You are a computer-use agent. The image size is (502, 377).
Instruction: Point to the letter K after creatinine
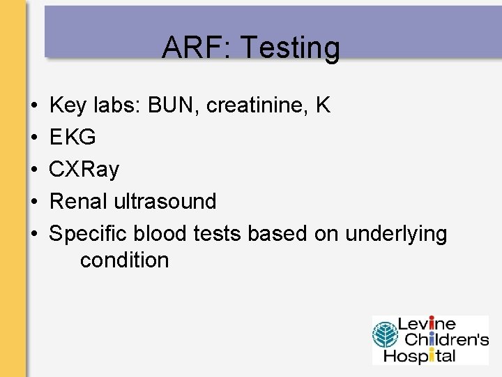pyautogui.click(x=322, y=105)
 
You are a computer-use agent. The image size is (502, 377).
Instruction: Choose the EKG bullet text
pyautogui.click(x=73, y=138)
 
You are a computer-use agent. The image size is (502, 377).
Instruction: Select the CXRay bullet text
pyautogui.click(x=84, y=170)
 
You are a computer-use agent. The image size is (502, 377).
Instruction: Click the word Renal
pyautogui.click(x=78, y=201)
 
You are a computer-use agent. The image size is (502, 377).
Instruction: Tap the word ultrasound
pyautogui.click(x=165, y=201)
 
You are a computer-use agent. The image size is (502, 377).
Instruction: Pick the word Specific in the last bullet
pyautogui.click(x=87, y=233)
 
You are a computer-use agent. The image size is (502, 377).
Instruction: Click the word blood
pyautogui.click(x=161, y=233)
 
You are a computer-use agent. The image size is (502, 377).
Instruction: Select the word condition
pyautogui.click(x=124, y=260)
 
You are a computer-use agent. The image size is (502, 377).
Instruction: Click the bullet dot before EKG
pyautogui.click(x=33, y=138)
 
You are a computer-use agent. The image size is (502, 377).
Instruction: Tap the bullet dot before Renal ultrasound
pyautogui.click(x=33, y=202)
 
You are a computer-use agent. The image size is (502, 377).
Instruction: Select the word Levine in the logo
pyautogui.click(x=426, y=324)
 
